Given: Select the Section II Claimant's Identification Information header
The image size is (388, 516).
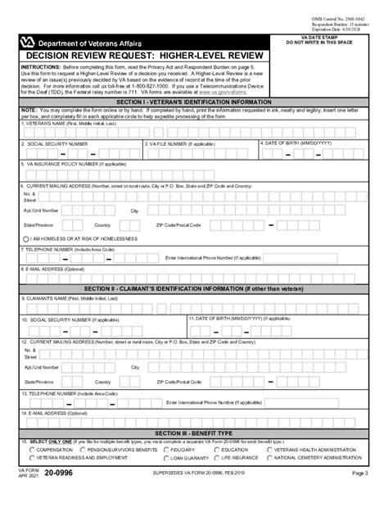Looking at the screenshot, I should pyautogui.click(x=194, y=288).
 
